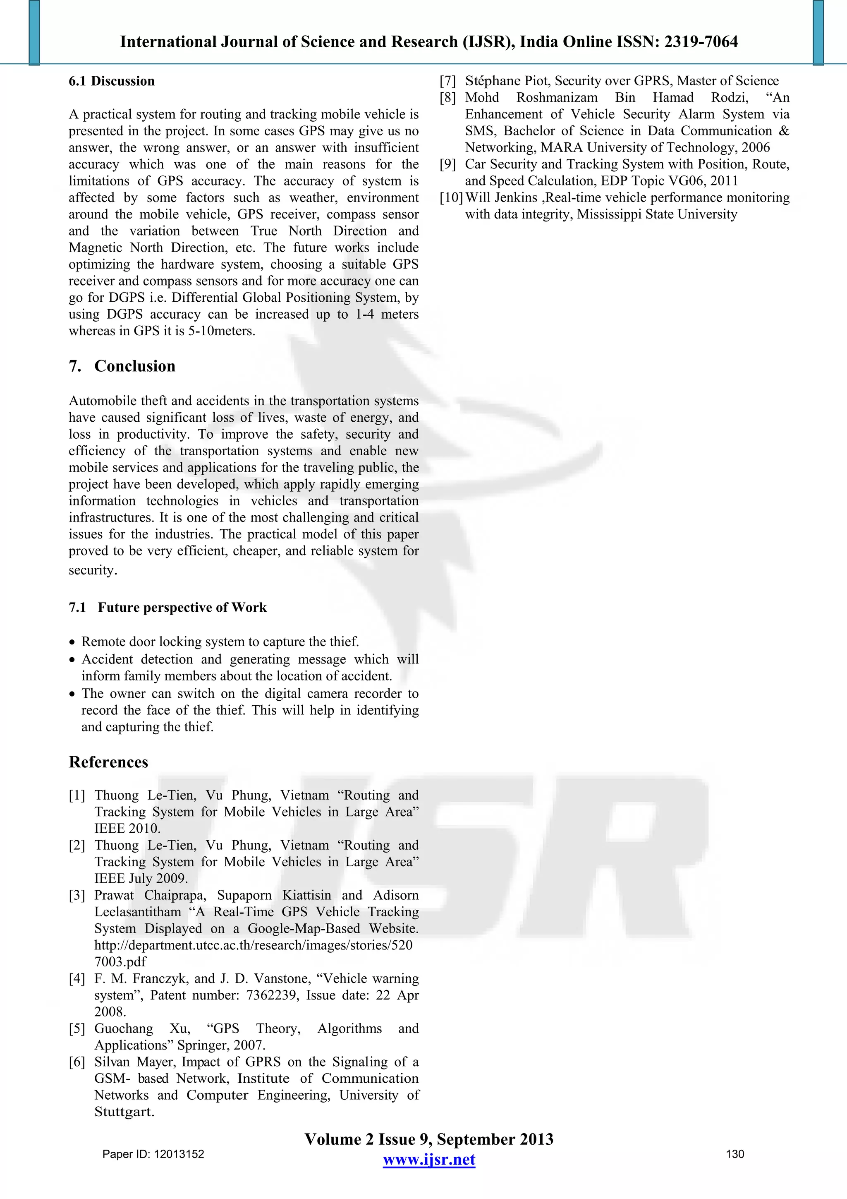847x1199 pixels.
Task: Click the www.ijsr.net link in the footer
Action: tap(428, 1160)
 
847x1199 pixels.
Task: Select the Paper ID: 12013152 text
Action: tap(153, 1154)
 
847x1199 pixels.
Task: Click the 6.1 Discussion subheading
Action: tap(112, 81)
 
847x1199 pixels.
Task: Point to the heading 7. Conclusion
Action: tap(122, 366)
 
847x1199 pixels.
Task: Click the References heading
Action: tap(108, 762)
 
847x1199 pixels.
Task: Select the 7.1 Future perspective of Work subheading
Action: tap(167, 607)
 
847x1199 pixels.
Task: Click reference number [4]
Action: tap(77, 979)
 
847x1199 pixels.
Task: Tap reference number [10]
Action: tap(451, 198)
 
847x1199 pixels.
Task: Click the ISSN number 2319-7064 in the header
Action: tap(701, 42)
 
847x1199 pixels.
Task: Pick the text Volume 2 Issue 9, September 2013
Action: tap(428, 1139)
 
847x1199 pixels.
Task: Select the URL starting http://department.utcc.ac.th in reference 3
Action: tap(253, 945)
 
